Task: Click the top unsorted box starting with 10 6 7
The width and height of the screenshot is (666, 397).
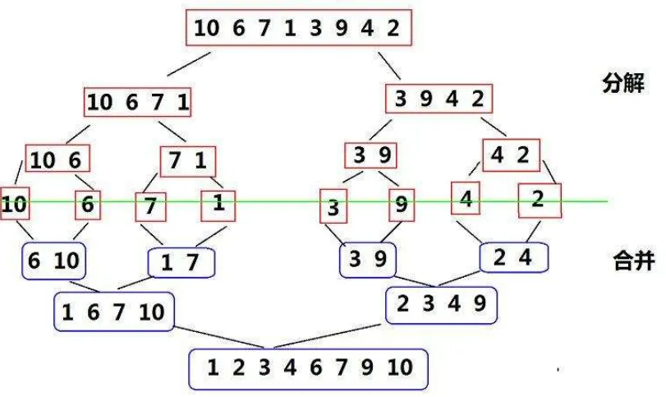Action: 299,28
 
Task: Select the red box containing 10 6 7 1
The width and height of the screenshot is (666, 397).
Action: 138,102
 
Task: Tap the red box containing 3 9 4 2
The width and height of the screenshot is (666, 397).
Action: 439,99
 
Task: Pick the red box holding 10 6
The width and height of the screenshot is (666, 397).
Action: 57,158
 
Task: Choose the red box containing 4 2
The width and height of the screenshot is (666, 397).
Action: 512,155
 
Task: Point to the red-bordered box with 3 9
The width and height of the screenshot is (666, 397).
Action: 371,155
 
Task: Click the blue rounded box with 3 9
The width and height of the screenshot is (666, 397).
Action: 368,259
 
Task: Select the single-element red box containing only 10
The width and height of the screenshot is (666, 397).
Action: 15,204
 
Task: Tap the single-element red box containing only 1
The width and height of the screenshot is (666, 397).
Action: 218,206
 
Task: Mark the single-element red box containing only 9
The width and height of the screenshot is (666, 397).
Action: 402,205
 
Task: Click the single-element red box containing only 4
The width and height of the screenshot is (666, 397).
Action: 466,198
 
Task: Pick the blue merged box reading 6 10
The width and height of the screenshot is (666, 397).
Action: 54,261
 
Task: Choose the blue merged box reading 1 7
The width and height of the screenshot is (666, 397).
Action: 181,263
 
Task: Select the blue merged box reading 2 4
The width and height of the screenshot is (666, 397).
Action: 514,257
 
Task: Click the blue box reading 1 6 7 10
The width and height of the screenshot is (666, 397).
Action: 114,312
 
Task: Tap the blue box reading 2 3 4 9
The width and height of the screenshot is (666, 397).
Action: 441,305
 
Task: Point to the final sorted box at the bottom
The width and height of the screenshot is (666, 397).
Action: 309,369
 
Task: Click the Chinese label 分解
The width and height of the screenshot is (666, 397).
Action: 623,83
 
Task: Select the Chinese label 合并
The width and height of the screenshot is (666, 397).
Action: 634,260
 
